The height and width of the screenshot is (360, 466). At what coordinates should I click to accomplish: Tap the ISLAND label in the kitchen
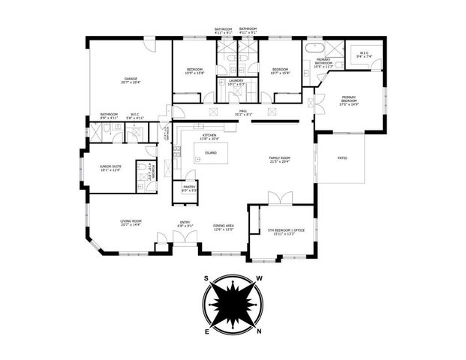[211, 152]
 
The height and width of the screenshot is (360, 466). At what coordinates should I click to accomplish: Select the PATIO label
[341, 158]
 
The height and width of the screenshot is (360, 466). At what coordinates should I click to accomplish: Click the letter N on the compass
[259, 331]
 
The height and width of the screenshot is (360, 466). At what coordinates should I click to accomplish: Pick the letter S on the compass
[206, 277]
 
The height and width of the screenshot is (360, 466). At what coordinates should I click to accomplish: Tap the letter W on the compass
[260, 278]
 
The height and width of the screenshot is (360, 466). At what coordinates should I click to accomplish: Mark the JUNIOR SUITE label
[110, 168]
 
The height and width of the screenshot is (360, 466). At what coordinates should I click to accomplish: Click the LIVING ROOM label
[131, 222]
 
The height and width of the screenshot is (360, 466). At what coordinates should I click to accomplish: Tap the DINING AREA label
[224, 227]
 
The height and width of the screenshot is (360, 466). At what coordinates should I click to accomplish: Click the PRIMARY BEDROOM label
[348, 99]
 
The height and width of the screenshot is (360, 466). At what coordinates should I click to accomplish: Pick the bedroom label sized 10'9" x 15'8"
[194, 71]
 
